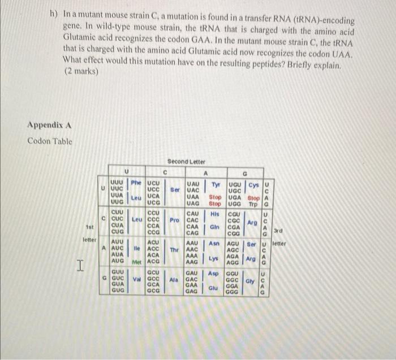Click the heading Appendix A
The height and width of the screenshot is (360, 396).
click(50, 125)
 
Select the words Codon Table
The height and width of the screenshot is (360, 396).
click(50, 141)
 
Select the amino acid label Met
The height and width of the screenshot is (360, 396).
click(136, 262)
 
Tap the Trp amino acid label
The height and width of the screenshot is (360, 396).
click(253, 203)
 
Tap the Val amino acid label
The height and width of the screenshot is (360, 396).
click(136, 279)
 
